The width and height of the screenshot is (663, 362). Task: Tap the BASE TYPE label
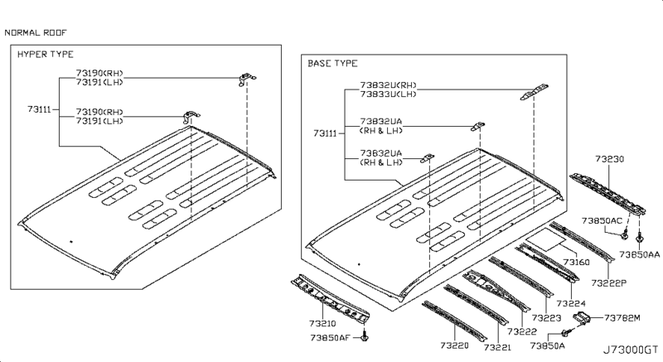coord(334,63)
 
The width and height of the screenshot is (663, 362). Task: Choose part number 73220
coord(455,345)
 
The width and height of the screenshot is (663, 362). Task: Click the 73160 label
coord(577,262)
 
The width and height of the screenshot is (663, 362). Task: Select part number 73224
coord(572,303)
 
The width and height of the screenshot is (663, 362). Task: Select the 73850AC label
coord(603,220)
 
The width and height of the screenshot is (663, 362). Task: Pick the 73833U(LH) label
coord(389,94)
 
